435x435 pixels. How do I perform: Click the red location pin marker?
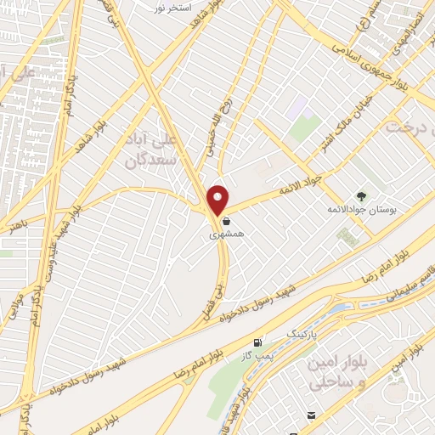218,199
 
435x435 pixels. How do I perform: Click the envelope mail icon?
312,415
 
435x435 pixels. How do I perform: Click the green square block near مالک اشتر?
304,128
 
